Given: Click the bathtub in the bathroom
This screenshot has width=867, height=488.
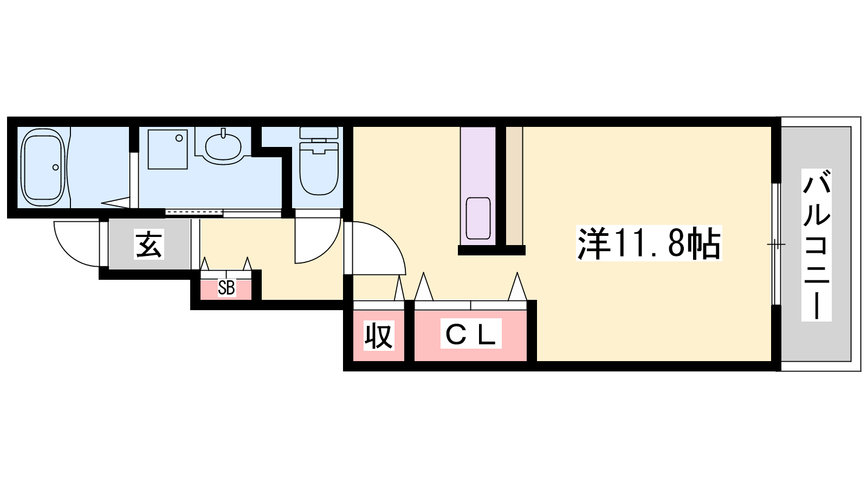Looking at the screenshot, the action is click(43, 168).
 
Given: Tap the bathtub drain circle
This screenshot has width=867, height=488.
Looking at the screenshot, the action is click(56, 168).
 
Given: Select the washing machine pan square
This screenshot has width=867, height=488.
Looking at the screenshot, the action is click(167, 149).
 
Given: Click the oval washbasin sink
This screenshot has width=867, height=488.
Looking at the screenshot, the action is click(223, 147).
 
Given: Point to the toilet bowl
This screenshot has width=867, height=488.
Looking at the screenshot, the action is click(319, 169).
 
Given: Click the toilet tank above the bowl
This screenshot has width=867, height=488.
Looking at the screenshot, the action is click(319, 133).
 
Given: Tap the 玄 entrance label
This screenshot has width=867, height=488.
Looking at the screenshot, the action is click(149, 244).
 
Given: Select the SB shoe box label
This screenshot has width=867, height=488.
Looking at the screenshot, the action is click(226, 288).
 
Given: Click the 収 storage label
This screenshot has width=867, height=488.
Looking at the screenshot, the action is click(379, 336).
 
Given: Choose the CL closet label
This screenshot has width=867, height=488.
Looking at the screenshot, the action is click(471, 333).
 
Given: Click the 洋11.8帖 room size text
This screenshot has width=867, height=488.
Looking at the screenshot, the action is click(649, 243).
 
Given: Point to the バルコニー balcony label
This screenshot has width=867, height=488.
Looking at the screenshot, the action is click(816, 245).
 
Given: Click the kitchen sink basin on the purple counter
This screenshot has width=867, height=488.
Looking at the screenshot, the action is click(478, 219).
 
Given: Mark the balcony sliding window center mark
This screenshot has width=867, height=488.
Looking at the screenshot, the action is click(776, 245).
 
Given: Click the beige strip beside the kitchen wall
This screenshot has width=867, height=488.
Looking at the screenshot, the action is click(514, 186).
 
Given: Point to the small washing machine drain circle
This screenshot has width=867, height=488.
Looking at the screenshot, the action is click(179, 138).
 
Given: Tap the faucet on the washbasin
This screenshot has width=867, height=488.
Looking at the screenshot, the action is click(223, 133).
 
